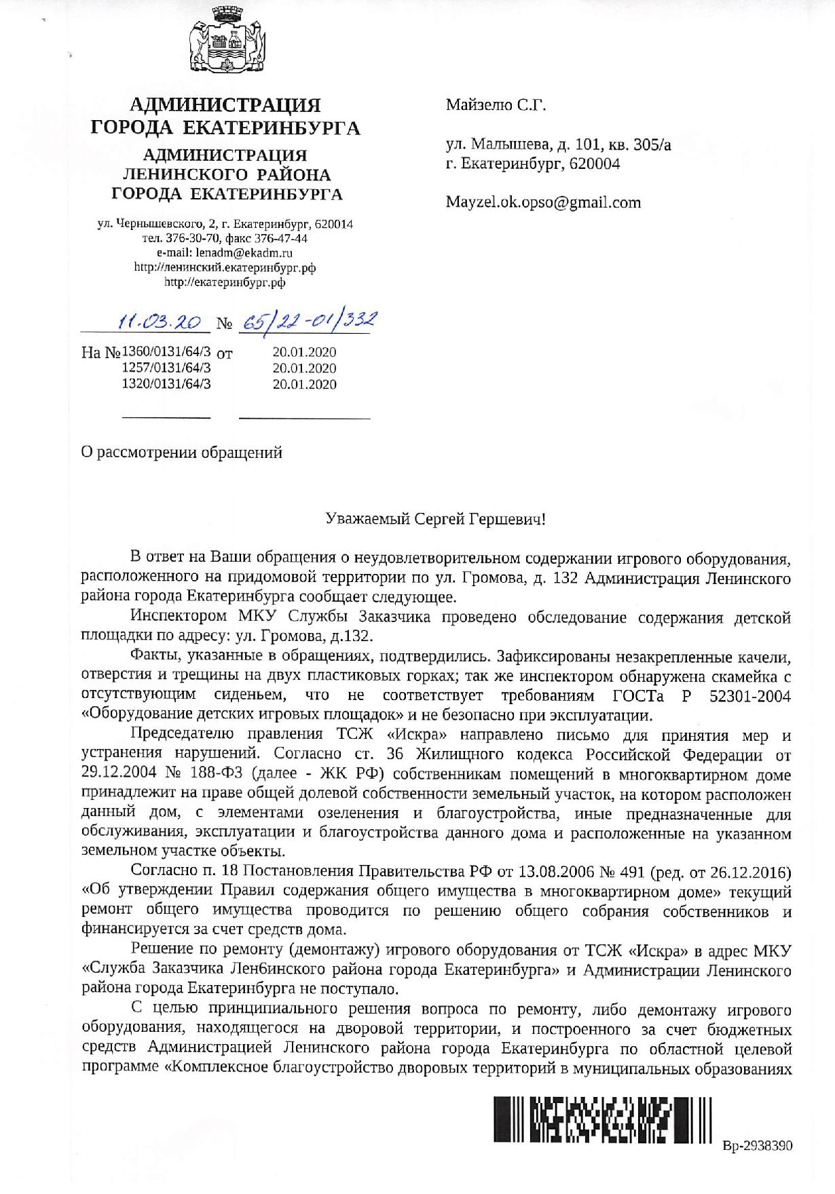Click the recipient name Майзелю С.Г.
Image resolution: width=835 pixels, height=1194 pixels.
(x=496, y=105)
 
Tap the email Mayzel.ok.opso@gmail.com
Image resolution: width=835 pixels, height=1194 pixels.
(x=543, y=202)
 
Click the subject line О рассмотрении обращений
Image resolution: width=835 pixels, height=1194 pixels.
(x=181, y=452)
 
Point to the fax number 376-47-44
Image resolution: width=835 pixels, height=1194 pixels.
(x=281, y=239)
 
